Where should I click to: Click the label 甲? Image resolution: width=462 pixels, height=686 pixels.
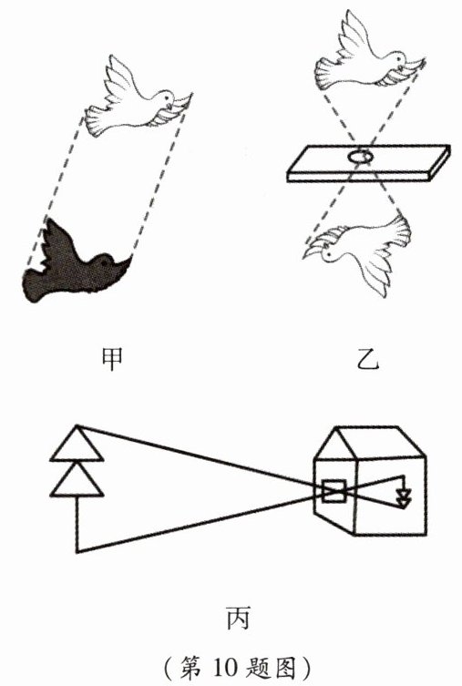click(x=111, y=359)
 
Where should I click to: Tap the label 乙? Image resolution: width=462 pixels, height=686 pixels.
click(x=366, y=359)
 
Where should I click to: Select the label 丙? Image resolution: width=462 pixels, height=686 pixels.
click(x=238, y=618)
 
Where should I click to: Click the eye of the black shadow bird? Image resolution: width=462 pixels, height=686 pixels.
click(x=105, y=263)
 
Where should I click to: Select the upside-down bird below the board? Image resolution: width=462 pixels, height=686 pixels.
click(x=358, y=255)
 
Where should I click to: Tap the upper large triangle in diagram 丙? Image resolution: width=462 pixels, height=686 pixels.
click(x=77, y=443)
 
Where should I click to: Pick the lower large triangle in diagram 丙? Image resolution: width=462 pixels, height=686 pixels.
click(x=77, y=479)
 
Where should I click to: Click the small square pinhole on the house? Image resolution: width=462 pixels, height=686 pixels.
click(x=334, y=491)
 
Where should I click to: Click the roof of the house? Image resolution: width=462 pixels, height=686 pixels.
click(x=370, y=443)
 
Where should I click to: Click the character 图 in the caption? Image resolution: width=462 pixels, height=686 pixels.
click(x=289, y=668)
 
